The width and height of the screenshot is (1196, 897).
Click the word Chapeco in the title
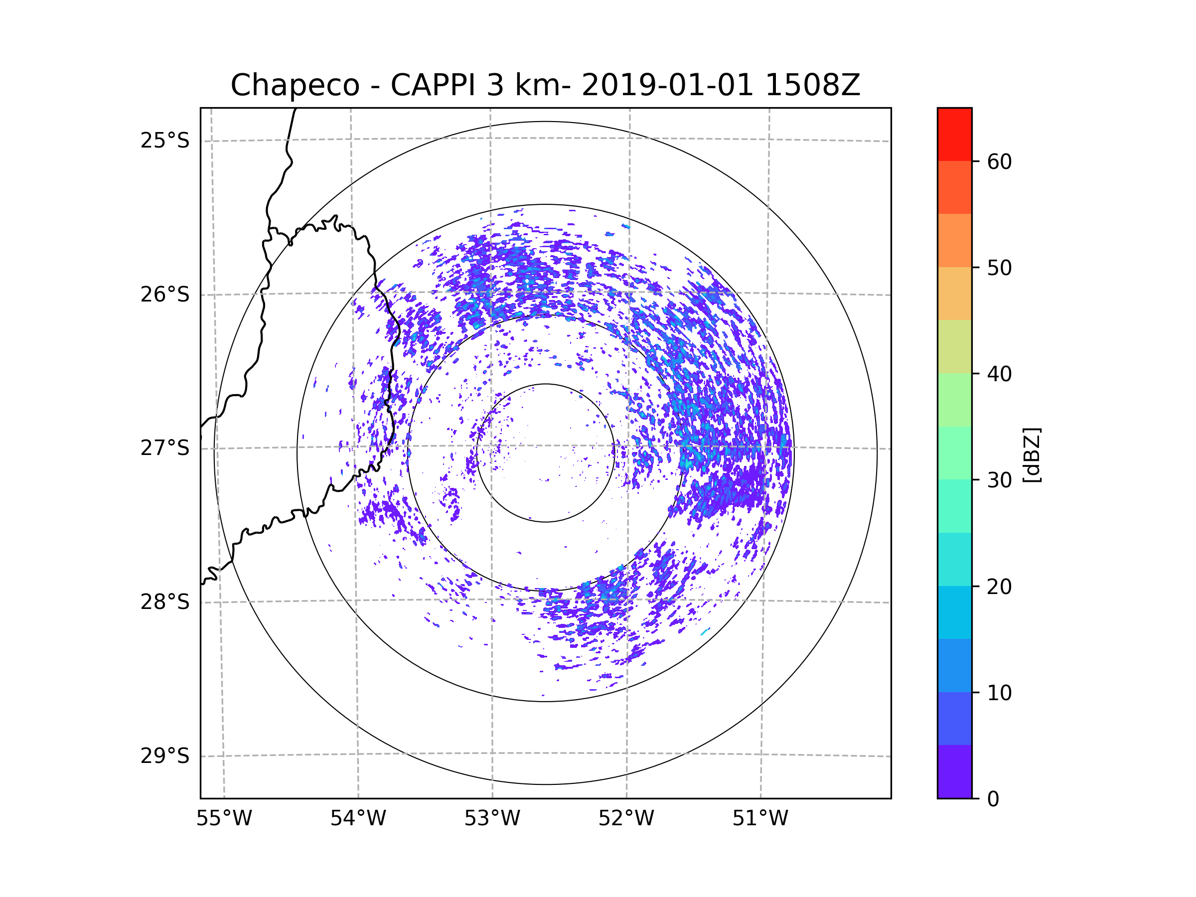point(295,85)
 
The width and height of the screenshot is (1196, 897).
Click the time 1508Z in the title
point(813,85)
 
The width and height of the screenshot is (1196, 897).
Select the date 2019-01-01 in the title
point(667,85)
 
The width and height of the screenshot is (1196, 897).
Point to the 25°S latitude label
point(165,141)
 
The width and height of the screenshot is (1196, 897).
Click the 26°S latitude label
point(165,295)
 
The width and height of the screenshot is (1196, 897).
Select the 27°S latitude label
point(165,448)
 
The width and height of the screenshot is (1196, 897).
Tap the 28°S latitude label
point(165,602)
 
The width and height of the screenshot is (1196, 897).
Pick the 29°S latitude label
point(165,756)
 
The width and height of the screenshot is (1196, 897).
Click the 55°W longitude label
point(224,819)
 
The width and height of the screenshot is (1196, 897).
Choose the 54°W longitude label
point(358,819)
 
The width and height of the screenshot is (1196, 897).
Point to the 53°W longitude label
point(492,819)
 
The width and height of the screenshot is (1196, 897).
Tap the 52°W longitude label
point(626,819)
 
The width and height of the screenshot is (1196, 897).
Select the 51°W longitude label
point(760,819)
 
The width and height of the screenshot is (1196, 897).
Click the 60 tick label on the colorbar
point(999,161)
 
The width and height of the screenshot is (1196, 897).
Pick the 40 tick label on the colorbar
point(999,374)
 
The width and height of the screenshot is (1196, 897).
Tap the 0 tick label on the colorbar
point(993,799)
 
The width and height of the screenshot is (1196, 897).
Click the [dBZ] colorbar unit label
point(1032,454)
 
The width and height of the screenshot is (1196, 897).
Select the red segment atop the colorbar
point(954,134)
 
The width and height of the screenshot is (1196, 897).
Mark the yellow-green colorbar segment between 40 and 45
point(954,346)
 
